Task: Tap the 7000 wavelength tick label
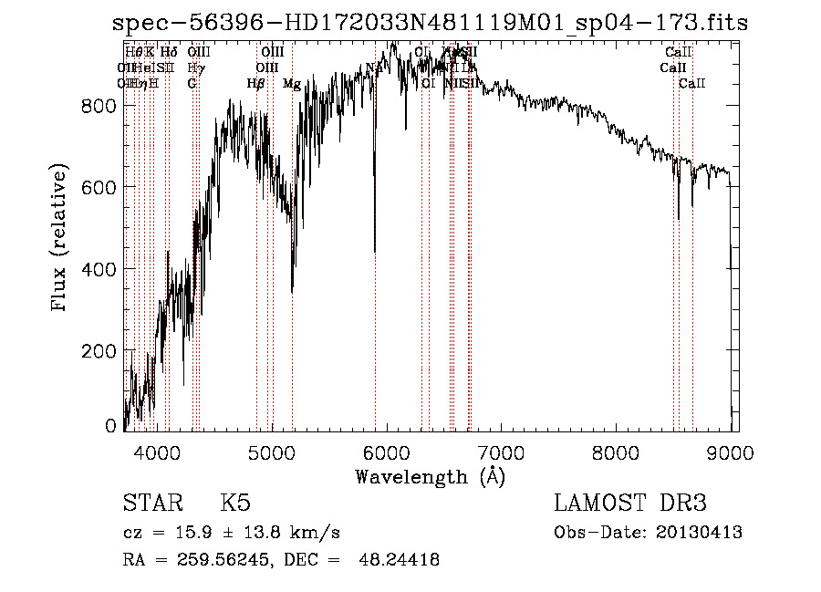502,452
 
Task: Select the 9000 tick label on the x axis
732,452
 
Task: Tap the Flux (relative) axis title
60,239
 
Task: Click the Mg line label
292,84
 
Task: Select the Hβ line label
256,84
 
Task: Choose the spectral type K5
235,504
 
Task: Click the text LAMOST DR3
630,504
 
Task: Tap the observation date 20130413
702,533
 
